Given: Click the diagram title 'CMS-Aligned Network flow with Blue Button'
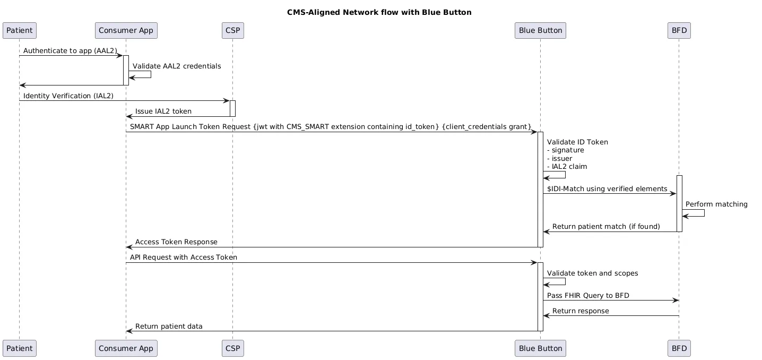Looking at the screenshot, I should point(379,12).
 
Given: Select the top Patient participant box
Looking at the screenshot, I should point(20,30).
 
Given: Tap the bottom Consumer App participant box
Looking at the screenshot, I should point(126,349).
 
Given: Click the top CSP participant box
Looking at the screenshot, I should point(232,30).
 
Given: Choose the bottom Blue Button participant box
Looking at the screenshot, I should point(540,349).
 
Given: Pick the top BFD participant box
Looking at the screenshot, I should point(679,30).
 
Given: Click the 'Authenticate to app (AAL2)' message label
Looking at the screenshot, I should point(70,50).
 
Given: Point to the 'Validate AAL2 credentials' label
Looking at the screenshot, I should point(177,66).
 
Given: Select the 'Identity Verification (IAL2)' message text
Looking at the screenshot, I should point(68,96).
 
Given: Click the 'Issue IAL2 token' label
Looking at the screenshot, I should point(163,111).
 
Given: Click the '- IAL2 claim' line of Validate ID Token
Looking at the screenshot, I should point(567,166).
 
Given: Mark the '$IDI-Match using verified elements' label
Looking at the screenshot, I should point(607,189).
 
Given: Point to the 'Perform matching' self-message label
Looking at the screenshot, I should point(716,204).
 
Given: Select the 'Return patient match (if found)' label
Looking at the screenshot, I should point(606,227).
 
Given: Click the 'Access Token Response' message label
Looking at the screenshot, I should point(176,242).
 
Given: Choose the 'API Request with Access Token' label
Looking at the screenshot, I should point(184,258).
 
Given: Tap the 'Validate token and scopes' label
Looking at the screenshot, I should point(592,273).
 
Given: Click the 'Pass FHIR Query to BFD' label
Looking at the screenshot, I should point(588,295).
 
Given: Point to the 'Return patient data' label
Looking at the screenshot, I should point(169,326).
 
